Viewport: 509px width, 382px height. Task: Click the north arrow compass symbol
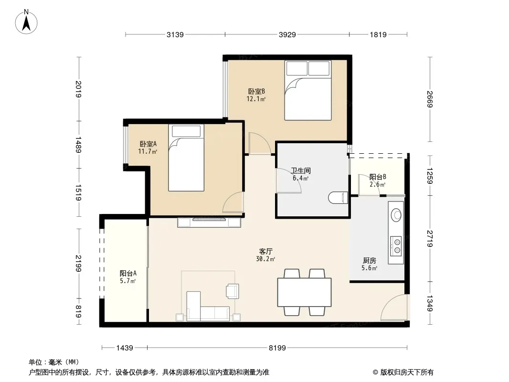(26, 22)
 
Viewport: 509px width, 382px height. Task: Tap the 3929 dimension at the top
(287, 34)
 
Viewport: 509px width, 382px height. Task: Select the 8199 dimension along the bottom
(277, 348)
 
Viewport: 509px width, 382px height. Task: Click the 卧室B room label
(256, 92)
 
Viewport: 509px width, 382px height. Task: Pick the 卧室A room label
(148, 144)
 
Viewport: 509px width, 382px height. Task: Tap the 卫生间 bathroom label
(301, 170)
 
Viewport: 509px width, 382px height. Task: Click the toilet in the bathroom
(338, 198)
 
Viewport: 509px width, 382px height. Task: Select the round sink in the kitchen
(396, 215)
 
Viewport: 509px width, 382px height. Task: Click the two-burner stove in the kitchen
(396, 245)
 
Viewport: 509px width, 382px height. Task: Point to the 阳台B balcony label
(378, 177)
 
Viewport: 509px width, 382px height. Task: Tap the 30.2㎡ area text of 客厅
(265, 259)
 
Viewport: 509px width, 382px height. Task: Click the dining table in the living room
(304, 292)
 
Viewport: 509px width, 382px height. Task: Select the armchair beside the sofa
(233, 291)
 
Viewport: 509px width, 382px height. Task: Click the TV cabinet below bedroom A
(209, 223)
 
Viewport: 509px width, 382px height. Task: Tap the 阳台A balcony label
(128, 273)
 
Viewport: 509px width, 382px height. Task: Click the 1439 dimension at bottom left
(125, 348)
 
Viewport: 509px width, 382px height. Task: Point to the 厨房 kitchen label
(370, 260)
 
